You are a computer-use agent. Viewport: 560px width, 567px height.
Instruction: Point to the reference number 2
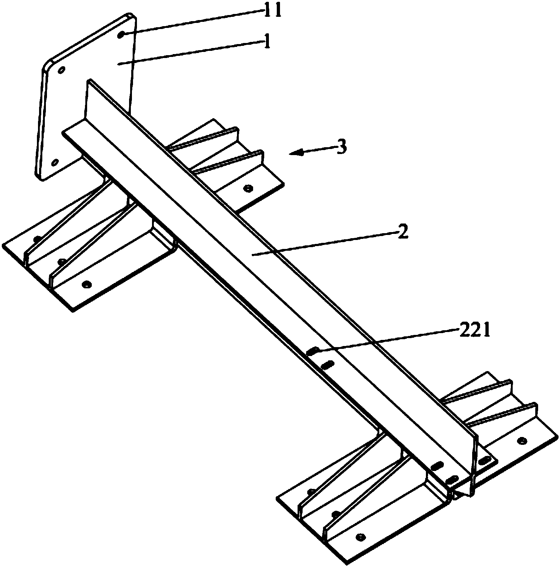403,234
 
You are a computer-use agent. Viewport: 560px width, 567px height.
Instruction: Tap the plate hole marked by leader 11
122,34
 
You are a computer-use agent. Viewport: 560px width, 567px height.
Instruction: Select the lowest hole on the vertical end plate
54,163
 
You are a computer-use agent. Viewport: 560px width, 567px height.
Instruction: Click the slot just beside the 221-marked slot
327,365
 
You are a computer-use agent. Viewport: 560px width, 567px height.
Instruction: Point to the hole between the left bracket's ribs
61,262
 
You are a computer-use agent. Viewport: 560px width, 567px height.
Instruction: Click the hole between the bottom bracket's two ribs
335,514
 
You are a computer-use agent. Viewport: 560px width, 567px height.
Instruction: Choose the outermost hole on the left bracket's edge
36,239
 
